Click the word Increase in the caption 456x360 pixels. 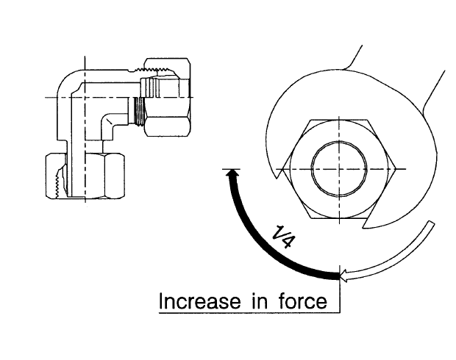coord(200,300)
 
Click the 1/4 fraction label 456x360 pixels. coord(284,237)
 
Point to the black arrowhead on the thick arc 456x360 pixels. coord(232,173)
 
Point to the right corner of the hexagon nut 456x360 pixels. coord(396,169)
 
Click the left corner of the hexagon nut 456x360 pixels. coord(282,169)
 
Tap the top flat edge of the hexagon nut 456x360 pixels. coord(339,120)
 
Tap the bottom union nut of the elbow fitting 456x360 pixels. coord(85,176)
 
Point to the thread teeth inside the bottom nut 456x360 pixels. coord(61,182)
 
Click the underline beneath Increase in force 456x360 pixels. coord(249,313)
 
